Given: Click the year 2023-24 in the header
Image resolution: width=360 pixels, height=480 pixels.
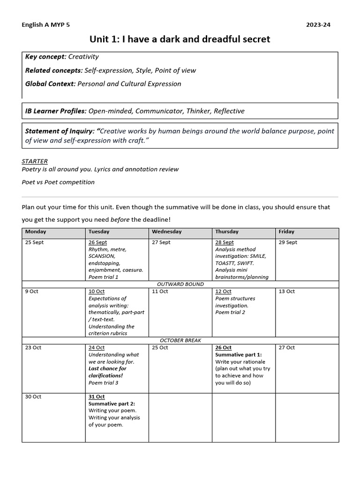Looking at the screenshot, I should coord(319,25).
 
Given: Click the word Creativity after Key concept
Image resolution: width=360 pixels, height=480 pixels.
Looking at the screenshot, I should coord(83,57).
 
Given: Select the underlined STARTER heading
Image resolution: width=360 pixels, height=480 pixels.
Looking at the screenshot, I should coord(35,161).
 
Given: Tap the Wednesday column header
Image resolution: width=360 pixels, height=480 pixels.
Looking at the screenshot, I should coord(166,232).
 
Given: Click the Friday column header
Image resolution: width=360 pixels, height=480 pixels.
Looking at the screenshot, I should coord(286,232).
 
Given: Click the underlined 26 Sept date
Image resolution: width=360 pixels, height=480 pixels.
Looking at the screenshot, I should coord(97,242).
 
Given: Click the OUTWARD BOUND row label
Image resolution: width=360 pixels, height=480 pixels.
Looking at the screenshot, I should coord(180,284).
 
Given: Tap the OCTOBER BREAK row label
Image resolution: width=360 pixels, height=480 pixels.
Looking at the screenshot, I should coord(180,340).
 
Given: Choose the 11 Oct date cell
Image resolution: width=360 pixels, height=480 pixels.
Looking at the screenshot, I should coord(160,291).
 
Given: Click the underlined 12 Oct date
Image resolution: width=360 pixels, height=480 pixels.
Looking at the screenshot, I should coord(223,291).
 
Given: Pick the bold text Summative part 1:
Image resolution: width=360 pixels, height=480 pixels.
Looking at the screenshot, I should coord(238,355).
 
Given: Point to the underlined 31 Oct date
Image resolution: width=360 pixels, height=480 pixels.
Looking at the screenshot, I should coord(97,397).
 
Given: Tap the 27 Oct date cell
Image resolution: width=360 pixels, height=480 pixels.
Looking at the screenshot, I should coord(286,347).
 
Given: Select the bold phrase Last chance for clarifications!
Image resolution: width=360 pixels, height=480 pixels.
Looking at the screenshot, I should coord(107,372).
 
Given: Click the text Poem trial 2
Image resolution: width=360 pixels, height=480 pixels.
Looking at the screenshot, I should coord(230,312).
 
